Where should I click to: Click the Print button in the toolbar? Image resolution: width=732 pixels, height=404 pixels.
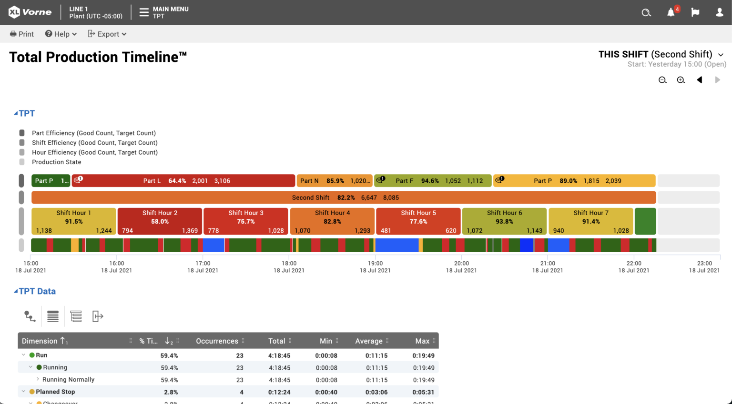pos(22,34)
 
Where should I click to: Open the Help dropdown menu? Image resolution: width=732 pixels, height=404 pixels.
pos(61,34)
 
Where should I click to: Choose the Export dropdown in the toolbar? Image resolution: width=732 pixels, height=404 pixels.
pos(107,34)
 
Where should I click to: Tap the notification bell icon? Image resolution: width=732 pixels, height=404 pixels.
pos(671,12)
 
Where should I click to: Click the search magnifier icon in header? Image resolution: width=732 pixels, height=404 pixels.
pos(646,12)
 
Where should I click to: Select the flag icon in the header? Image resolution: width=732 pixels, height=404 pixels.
pos(695,12)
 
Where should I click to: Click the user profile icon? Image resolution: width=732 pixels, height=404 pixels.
pos(720,12)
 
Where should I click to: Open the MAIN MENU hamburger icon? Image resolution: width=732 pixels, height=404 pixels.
pos(144,12)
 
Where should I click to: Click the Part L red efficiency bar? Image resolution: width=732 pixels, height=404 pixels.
pos(183,181)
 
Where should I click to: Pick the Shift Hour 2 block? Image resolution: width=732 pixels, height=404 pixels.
pos(160,221)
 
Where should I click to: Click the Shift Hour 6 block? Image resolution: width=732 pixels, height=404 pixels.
pos(504,221)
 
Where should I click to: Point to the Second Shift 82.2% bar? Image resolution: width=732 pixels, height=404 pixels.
pos(344,197)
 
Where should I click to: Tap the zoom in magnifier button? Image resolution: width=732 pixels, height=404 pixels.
pos(681,80)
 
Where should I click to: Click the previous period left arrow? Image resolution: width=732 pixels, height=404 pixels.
pos(700,80)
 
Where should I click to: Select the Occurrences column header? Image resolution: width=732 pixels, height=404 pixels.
pos(217,341)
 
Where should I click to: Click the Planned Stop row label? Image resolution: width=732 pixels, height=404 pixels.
pos(55,392)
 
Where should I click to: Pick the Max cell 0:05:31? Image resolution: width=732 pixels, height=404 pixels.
pos(423,392)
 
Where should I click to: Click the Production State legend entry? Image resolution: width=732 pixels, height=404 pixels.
pos(56,162)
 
